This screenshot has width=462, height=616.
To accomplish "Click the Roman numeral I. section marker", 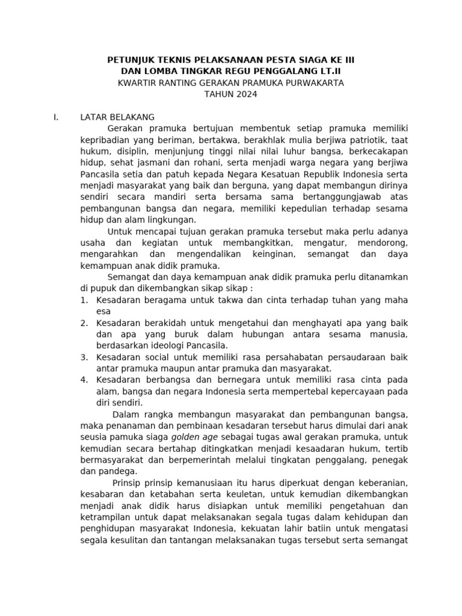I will (x=56, y=117).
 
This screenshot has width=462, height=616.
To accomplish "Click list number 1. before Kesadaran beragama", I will (x=84, y=300).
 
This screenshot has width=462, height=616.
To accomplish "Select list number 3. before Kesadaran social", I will (x=84, y=357).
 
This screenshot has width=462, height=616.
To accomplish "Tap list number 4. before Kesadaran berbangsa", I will (x=84, y=380).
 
